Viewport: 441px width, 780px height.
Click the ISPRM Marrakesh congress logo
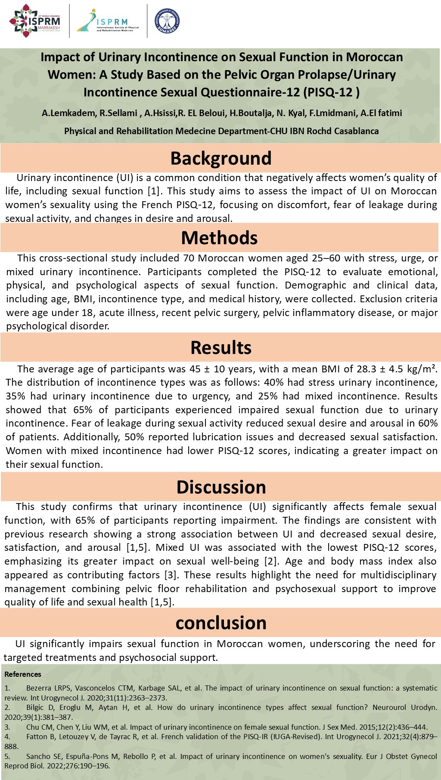click(35, 21)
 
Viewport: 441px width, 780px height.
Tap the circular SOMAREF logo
click(167, 21)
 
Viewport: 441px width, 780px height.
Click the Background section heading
click(221, 158)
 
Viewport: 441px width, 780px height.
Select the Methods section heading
click(219, 238)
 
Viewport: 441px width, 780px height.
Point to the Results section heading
click(221, 347)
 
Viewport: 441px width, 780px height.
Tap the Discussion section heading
click(221, 487)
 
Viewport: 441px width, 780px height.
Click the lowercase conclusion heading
click(221, 623)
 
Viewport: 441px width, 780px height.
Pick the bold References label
click(23, 674)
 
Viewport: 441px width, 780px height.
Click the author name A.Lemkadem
click(68, 113)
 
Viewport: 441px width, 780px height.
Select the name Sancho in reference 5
click(38, 756)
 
